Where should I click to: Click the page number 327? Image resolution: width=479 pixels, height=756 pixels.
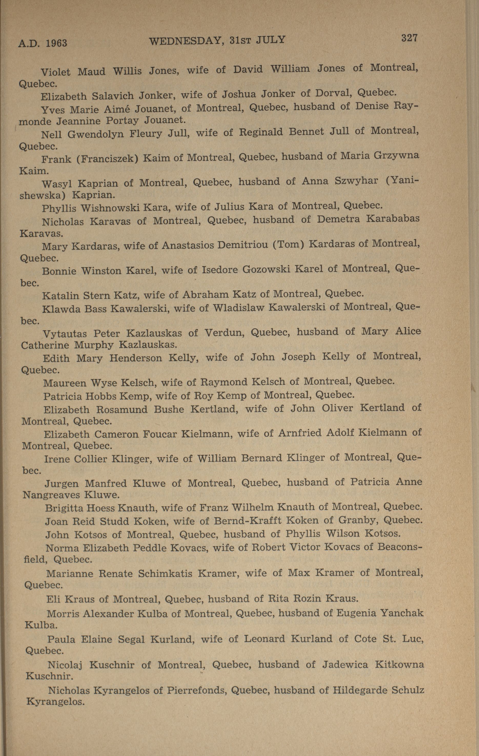click(x=409, y=38)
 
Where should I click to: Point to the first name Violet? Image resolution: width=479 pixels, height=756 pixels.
click(x=56, y=72)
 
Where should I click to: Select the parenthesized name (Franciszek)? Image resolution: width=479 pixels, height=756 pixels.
click(x=108, y=158)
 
